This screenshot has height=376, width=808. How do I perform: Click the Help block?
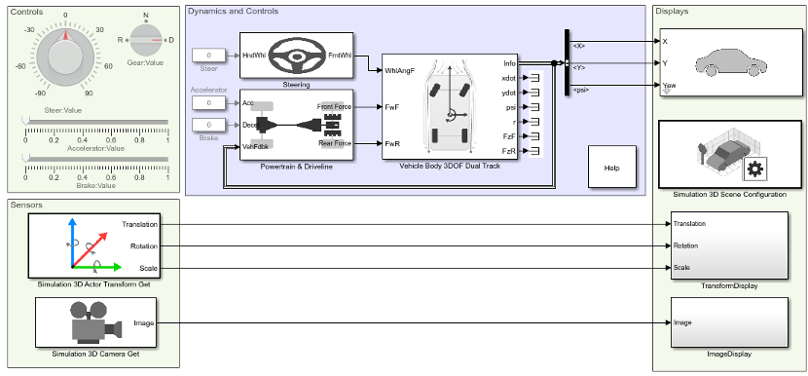[611, 168]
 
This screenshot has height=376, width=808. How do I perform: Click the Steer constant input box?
[209, 56]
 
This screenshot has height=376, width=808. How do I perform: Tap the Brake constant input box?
[209, 126]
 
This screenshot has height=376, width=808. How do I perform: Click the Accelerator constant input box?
[209, 102]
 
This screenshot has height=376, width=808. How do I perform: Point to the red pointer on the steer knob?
[66, 34]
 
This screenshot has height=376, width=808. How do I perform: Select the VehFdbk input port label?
[254, 147]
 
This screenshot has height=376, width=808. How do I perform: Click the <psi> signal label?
[581, 91]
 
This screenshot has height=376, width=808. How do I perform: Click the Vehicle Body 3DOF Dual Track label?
[450, 166]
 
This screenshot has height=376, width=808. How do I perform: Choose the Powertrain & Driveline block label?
[297, 167]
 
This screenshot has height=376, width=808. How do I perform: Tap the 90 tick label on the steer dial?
[89, 94]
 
